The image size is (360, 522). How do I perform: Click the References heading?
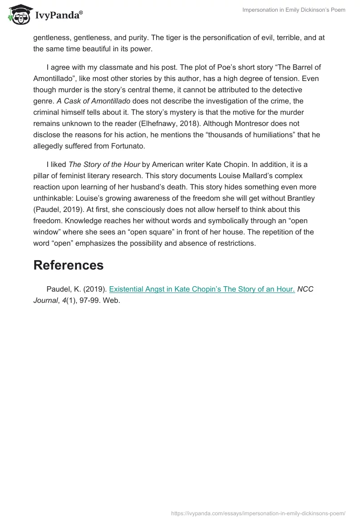coord(68,265)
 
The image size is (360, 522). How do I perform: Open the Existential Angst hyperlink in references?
coord(202,289)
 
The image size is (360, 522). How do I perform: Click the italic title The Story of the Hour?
coord(104,164)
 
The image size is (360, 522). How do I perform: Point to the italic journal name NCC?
coord(305,289)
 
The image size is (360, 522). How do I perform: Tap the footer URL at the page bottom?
coord(258,513)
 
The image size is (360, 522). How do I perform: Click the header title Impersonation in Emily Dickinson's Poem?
coord(293,10)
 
